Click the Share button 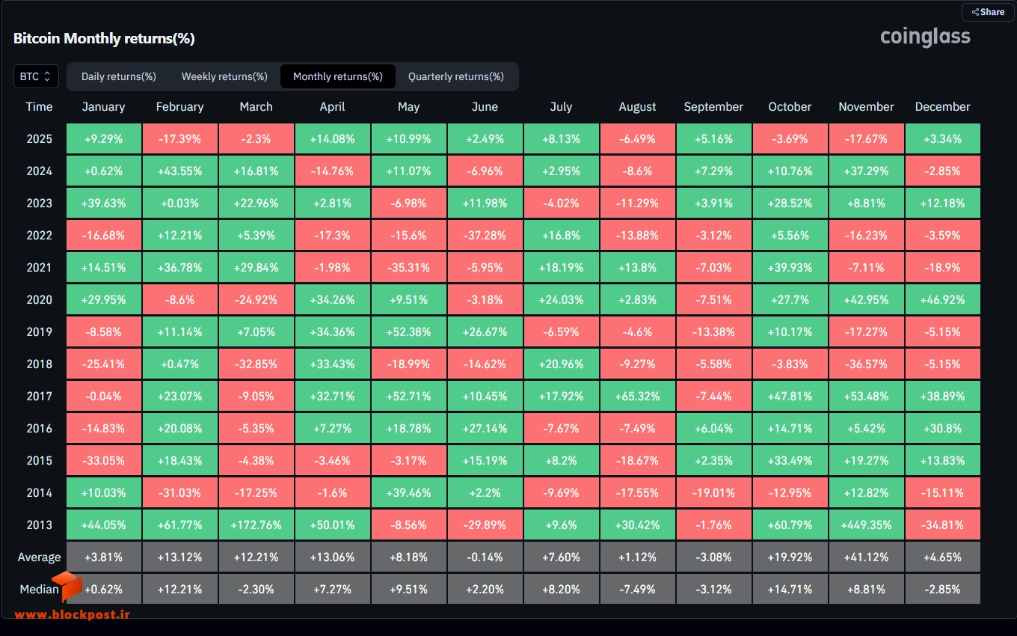point(988,12)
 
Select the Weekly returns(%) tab point(224,76)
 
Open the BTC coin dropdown point(36,76)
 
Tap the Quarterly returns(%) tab point(456,76)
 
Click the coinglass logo point(925,37)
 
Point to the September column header point(713,107)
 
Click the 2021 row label point(39,268)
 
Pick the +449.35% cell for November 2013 point(866,525)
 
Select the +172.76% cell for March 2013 point(256,525)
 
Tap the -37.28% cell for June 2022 point(485,235)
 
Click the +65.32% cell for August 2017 point(637,396)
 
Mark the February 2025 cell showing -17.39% point(179,138)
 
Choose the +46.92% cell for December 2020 point(942,300)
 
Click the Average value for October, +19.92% point(790,557)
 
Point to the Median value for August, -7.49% point(637,589)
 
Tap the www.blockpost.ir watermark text point(73,614)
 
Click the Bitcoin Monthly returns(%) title point(104,38)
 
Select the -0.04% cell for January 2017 point(103,396)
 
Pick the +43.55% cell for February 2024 point(179,171)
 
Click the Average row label point(39,557)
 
